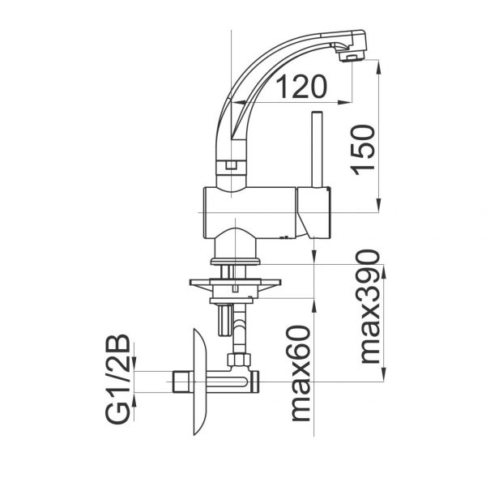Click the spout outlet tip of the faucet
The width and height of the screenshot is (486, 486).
pyautogui.click(x=352, y=55)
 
